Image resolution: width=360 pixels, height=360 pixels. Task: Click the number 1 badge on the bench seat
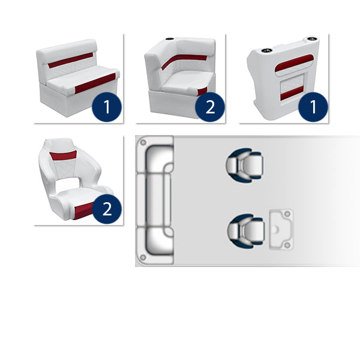tap(107, 107)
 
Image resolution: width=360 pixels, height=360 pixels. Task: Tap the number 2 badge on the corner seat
tap(210, 107)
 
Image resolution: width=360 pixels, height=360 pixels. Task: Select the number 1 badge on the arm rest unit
tap(313, 107)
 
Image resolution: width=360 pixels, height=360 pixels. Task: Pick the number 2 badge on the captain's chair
tap(107, 209)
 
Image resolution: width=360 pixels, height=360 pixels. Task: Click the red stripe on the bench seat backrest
tap(70, 60)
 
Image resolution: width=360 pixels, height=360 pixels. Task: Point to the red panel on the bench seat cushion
tap(95, 83)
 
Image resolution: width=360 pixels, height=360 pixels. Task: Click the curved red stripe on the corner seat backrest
tap(184, 61)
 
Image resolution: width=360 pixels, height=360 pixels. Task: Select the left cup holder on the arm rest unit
tap(266, 50)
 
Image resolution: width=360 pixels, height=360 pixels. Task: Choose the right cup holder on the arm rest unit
tap(311, 38)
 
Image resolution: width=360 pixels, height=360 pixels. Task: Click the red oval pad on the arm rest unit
tap(294, 63)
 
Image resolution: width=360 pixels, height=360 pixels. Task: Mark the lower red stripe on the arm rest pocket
tap(292, 93)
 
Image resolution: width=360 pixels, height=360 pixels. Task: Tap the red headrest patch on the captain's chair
tap(63, 155)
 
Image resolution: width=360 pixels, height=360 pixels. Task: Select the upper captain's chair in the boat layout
tap(244, 165)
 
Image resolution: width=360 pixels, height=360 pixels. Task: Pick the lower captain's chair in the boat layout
tap(245, 231)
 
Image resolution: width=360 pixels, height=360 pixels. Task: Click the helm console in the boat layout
tap(281, 229)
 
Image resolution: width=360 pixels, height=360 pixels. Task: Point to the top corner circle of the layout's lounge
tap(143, 143)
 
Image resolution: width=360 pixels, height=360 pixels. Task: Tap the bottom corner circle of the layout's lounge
tap(143, 257)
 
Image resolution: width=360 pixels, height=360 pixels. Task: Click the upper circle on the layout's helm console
tap(287, 214)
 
